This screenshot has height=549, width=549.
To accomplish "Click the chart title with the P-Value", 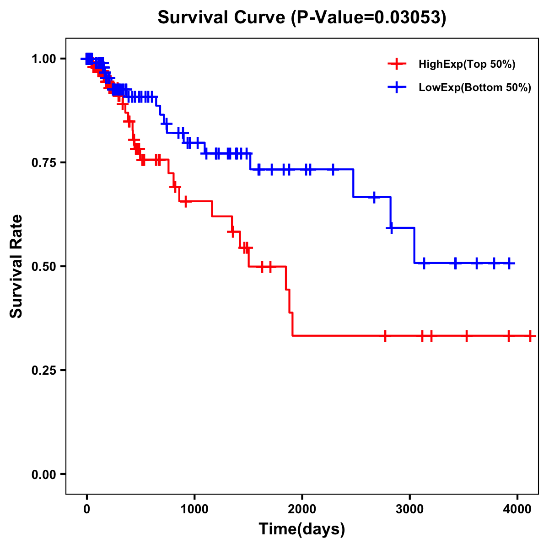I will point(302,17).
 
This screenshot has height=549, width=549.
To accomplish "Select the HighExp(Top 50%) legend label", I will point(467,65).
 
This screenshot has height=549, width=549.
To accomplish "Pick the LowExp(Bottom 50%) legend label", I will point(475,88).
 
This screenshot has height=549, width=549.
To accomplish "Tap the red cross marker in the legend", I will point(397,64).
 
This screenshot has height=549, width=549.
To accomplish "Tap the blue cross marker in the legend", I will point(397,87).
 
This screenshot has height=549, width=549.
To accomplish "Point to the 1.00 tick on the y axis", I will point(43,59).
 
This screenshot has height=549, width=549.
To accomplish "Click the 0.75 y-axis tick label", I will point(43,163).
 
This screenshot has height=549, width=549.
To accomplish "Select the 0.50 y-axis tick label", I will point(43,267).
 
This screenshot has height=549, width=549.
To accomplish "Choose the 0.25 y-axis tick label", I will point(43,371).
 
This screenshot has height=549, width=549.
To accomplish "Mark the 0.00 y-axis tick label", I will point(43,474).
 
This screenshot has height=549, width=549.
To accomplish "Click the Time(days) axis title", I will point(302,529).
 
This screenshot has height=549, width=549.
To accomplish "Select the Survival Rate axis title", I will point(16,266).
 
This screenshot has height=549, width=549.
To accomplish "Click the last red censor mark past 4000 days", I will point(530,336).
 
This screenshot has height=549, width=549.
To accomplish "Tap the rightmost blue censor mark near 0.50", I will point(510,263).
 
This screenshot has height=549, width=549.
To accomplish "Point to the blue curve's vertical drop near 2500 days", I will point(354,183).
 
